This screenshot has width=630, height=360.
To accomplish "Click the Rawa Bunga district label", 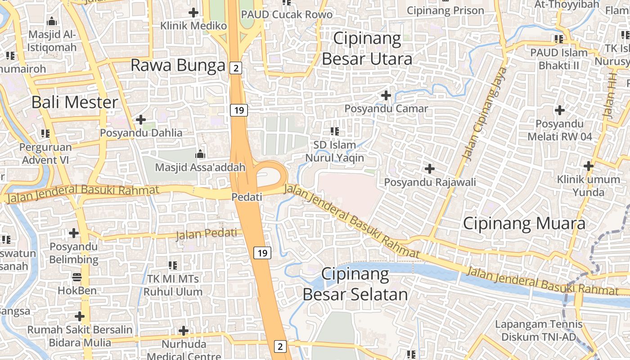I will coord(178,65).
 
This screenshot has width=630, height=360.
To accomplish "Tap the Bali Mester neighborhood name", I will coord(75,102).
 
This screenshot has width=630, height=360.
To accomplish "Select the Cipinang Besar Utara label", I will coord(367,49).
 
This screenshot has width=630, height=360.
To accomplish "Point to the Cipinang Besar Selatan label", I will coord(355,284).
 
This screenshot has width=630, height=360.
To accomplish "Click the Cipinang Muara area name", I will coord(524,224).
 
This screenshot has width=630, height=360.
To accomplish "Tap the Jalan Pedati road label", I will coord(206,234).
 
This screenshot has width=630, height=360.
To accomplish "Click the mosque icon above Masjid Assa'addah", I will coord(200,154).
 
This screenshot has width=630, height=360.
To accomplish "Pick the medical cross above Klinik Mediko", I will coord(193,13).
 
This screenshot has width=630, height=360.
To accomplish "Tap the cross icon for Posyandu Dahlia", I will coord(141,120).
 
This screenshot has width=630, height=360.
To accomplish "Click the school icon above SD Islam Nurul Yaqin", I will coord(334,131).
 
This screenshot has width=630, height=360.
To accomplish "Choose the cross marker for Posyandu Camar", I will coord(386,95).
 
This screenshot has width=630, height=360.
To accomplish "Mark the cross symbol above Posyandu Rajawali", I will coord(430,169).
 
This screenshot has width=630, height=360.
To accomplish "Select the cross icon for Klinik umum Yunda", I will coord(588,166).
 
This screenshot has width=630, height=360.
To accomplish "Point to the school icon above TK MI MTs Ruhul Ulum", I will coord(173,265).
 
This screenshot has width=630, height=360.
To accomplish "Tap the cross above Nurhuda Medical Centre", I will coord(183,331).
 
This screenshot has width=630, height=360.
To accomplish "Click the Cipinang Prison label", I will coord(445,10).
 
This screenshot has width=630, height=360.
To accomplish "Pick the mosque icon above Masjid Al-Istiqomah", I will coord(52,21).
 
